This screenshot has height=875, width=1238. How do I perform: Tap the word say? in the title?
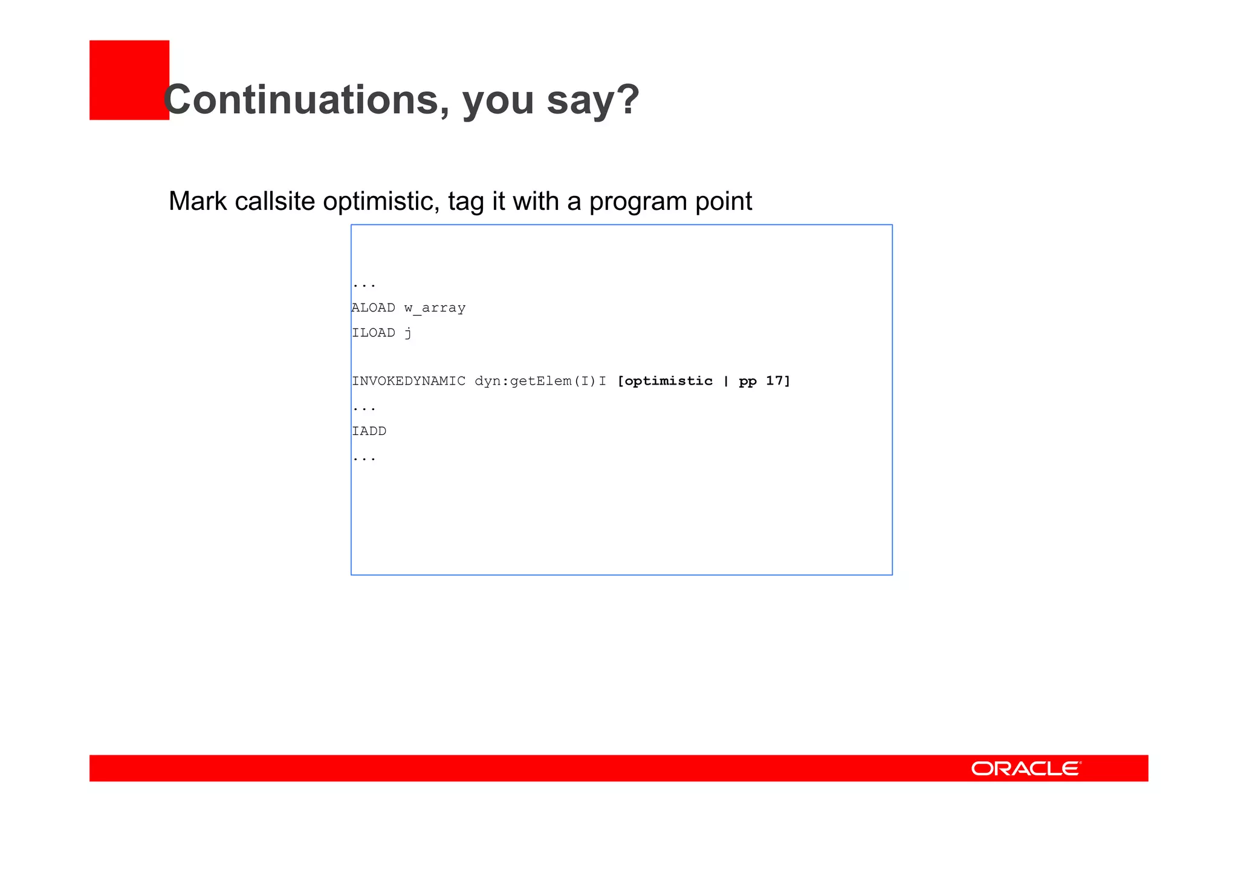592,100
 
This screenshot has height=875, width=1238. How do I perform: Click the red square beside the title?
129,80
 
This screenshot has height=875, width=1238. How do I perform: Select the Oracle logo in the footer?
1026,769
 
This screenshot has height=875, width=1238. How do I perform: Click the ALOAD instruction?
373,308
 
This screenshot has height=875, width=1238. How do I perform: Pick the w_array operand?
435,308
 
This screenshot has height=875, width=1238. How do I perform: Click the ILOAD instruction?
373,333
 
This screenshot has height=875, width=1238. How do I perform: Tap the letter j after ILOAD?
408,333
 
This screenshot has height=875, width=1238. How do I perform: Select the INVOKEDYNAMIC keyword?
409,381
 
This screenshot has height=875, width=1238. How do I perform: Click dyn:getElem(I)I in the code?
540,381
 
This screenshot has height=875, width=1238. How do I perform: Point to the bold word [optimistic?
665,381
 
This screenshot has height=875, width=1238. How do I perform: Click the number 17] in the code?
778,381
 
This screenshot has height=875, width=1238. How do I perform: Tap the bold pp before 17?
747,382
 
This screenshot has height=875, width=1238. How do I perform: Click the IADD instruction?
369,431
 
